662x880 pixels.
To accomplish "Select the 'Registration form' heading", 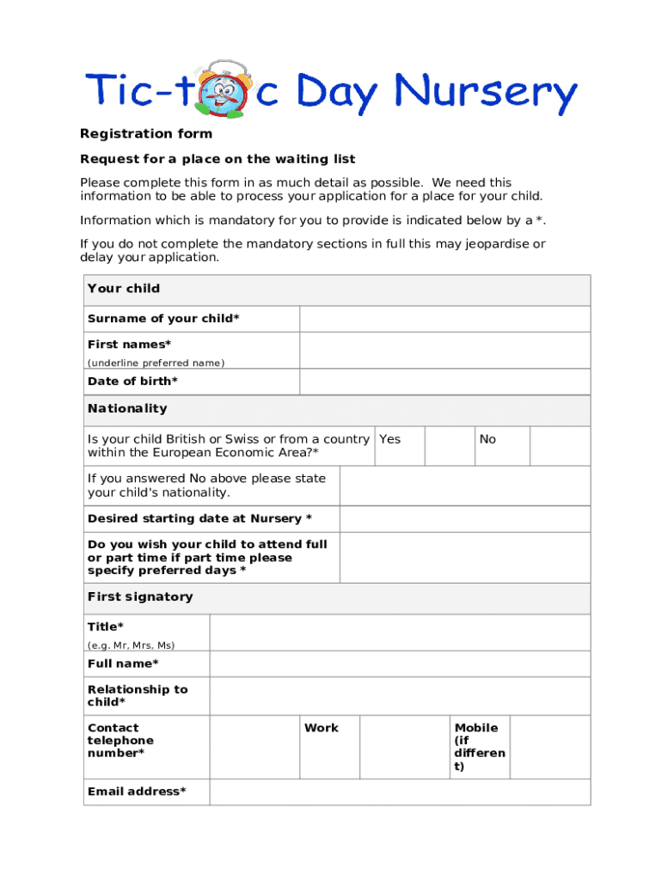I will click(x=146, y=134).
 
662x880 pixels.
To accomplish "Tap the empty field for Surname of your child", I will click(x=444, y=319).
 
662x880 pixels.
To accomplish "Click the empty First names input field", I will click(x=444, y=351).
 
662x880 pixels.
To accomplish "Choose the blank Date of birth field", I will click(x=444, y=382).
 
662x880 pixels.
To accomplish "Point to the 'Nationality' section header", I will click(x=127, y=409).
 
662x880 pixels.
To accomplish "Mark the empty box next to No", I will click(x=560, y=447).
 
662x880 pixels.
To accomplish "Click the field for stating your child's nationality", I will click(x=465, y=486).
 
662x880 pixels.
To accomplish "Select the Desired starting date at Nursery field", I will click(x=465, y=519).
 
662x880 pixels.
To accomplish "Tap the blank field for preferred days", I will click(x=465, y=558).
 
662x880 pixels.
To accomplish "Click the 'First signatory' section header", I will click(x=140, y=597).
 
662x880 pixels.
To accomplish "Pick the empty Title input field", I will click(x=400, y=633).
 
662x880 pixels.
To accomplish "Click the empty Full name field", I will click(x=400, y=664).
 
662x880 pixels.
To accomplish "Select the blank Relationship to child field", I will click(x=400, y=696).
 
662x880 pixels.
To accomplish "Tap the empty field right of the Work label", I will click(x=406, y=747).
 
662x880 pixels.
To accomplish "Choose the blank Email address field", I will click(x=400, y=792).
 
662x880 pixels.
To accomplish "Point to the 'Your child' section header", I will click(x=124, y=289).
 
